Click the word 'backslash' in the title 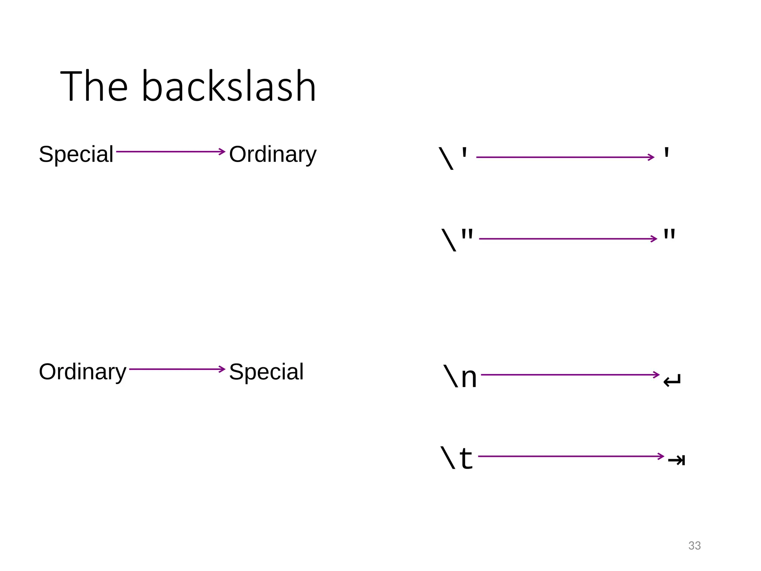pyautogui.click(x=229, y=86)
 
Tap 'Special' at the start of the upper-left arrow pyautogui.click(x=76, y=154)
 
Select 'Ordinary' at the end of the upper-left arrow pyautogui.click(x=273, y=154)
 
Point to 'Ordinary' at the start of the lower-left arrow pyautogui.click(x=82, y=371)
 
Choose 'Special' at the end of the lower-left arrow pyautogui.click(x=266, y=371)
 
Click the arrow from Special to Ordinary pyautogui.click(x=171, y=152)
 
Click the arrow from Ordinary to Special pyautogui.click(x=177, y=369)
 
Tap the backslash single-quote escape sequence pyautogui.click(x=453, y=158)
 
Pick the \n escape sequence pyautogui.click(x=460, y=377)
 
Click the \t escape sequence pyautogui.click(x=457, y=458)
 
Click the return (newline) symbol pyautogui.click(x=672, y=381)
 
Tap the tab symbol pyautogui.click(x=676, y=461)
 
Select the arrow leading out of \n pyautogui.click(x=570, y=375)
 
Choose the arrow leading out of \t pyautogui.click(x=571, y=456)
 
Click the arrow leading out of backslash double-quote pyautogui.click(x=568, y=239)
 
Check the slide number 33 pyautogui.click(x=694, y=545)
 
